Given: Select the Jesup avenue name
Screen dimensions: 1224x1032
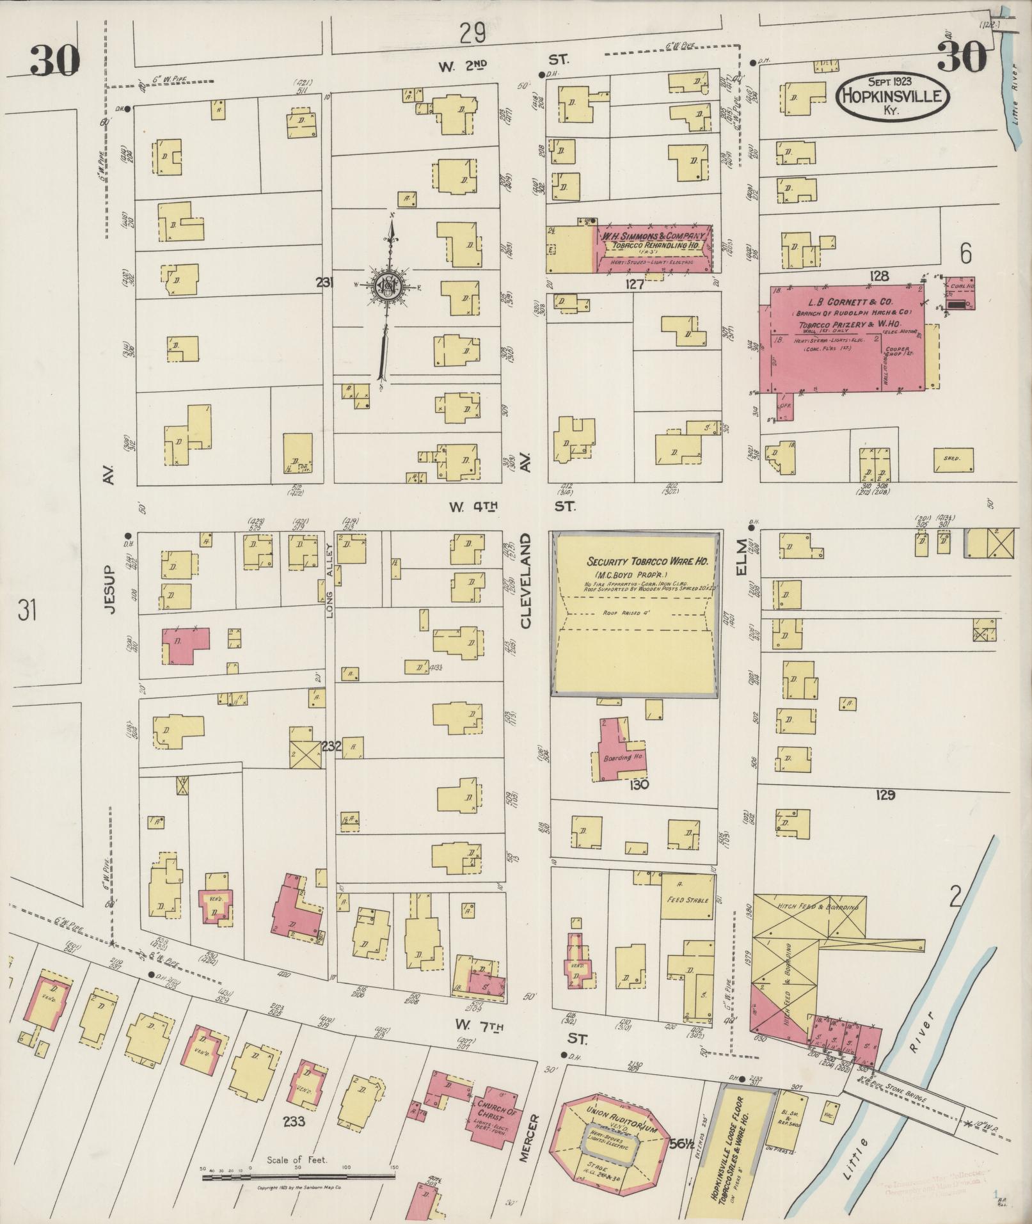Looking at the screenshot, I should [x=110, y=589].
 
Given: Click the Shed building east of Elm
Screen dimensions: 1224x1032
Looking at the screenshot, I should [x=958, y=458].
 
